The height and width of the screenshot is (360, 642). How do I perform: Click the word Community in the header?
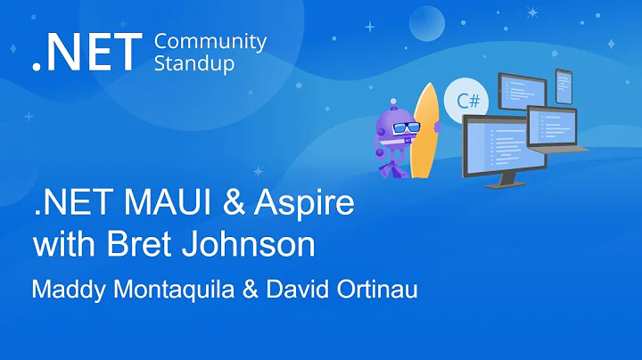point(210,42)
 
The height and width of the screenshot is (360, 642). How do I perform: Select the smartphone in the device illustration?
point(564,87)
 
